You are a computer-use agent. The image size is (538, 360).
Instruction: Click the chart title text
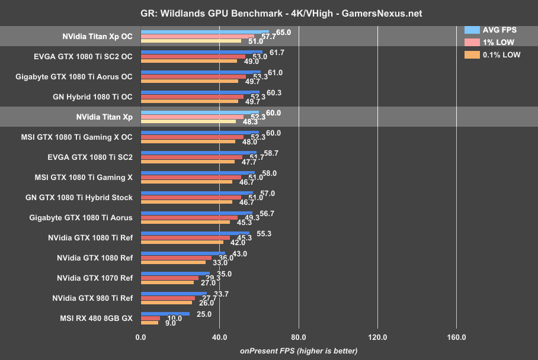[x=268, y=12]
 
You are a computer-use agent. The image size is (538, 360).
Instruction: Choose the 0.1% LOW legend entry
[x=501, y=55]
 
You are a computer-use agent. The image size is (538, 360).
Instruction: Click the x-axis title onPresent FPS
[x=299, y=351]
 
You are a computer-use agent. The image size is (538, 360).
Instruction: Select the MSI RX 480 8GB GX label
[x=96, y=319]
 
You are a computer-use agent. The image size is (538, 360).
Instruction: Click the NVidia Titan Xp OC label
[x=97, y=36]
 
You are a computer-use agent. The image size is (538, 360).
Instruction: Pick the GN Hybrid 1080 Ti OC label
[x=100, y=97]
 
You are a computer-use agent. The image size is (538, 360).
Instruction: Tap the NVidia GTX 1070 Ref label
[x=95, y=278]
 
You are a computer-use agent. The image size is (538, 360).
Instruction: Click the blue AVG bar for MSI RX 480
[x=165, y=314]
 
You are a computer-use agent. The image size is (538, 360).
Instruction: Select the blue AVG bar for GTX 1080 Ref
[x=182, y=253]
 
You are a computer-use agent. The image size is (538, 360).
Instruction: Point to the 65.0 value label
[x=283, y=32]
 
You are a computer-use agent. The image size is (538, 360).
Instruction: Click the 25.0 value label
[x=204, y=314]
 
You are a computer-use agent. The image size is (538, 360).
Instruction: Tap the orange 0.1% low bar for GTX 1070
[x=166, y=282]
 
